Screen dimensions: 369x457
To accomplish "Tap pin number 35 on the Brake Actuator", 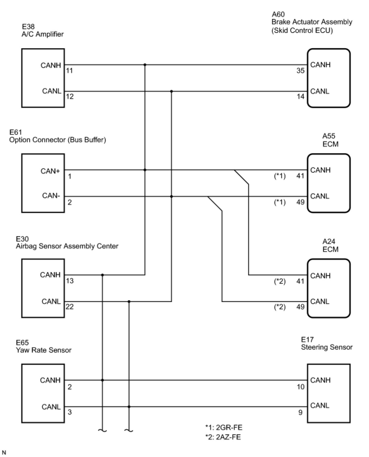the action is [300, 70].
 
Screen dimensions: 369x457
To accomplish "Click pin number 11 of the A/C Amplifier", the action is [69, 70].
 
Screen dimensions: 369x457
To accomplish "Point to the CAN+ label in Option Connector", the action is [50, 171].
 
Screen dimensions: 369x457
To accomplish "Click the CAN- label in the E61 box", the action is [51, 196].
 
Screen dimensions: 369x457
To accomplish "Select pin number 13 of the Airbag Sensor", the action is [70, 281].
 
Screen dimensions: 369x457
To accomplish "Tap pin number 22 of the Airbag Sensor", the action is [70, 307].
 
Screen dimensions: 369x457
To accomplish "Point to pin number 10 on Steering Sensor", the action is [300, 387].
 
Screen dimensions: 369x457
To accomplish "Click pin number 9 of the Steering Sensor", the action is [300, 412].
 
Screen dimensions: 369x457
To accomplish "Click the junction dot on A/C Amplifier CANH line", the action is [145, 65].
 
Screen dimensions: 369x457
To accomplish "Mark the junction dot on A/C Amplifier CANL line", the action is [171, 91].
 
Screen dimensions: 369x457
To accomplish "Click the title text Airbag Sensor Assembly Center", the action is [67, 246].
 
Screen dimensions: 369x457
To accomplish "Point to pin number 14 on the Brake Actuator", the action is [300, 96].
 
